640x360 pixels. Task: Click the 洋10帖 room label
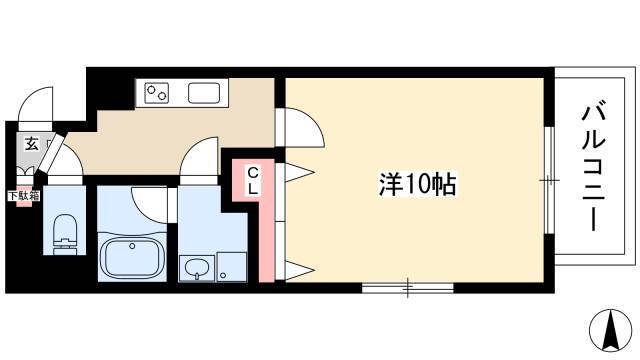click(417, 184)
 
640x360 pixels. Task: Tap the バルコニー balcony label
click(593, 166)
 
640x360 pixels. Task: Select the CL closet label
click(253, 182)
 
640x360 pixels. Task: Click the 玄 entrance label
click(31, 144)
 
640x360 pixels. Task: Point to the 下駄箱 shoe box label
click(24, 196)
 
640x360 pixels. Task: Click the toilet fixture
click(65, 234)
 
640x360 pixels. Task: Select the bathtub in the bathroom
click(132, 257)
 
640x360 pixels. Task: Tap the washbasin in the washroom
click(197, 268)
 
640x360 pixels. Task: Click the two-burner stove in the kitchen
click(157, 93)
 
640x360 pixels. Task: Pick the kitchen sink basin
click(204, 93)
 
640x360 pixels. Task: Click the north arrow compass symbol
click(610, 330)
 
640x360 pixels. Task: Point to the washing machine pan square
click(232, 266)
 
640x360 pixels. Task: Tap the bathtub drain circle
click(132, 246)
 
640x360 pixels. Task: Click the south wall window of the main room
click(408, 288)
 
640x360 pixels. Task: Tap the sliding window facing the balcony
click(549, 180)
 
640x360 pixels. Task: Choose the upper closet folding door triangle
click(300, 172)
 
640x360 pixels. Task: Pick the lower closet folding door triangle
click(300, 270)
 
